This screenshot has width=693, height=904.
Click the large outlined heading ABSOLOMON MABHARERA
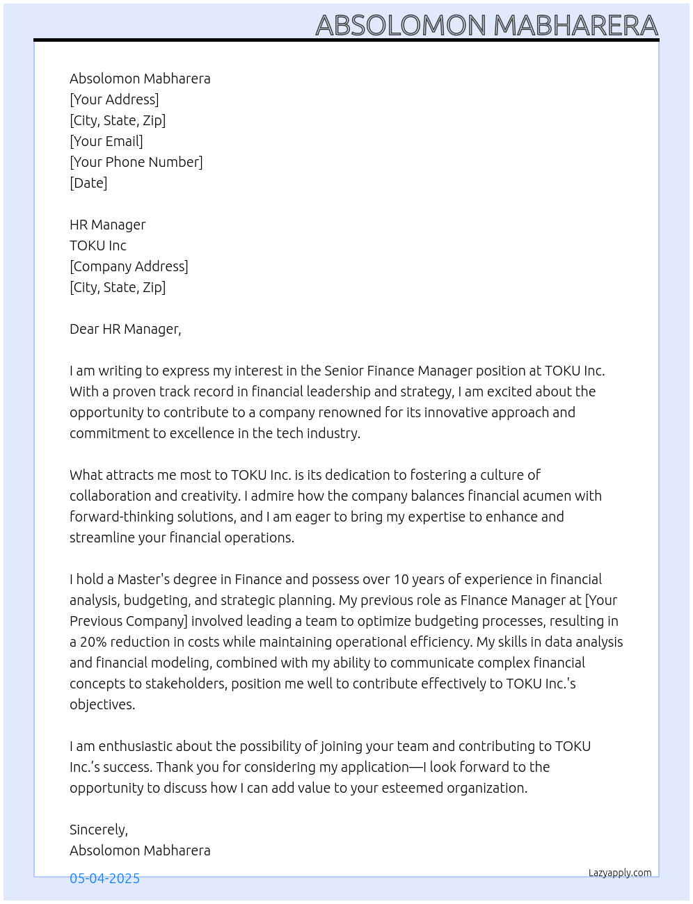[x=486, y=25]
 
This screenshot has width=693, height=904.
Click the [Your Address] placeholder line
[x=114, y=99]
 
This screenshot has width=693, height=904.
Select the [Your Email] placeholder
[x=106, y=141]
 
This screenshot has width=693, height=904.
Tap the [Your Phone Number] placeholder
[x=136, y=162]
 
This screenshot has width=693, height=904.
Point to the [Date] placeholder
[x=88, y=183]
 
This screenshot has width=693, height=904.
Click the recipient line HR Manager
[x=108, y=225]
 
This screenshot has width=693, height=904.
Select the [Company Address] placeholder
[x=129, y=266]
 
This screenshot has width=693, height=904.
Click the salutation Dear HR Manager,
[x=125, y=329]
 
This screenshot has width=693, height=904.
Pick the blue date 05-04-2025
[x=104, y=878]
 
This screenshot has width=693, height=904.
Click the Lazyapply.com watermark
[x=620, y=873]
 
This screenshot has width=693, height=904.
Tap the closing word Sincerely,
[x=99, y=830]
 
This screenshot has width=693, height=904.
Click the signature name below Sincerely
[x=140, y=850]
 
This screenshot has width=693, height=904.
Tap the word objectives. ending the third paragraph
[x=102, y=704]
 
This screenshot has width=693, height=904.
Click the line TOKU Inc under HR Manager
[x=98, y=245]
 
